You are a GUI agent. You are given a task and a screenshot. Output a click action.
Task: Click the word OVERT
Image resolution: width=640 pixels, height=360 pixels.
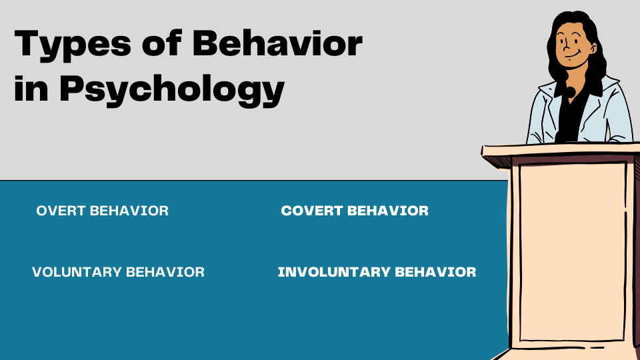click(x=61, y=211)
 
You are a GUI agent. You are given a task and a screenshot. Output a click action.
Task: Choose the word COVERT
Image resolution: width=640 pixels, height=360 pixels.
click(x=312, y=211)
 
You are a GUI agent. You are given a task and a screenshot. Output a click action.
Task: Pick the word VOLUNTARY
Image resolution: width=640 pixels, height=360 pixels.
click(x=77, y=272)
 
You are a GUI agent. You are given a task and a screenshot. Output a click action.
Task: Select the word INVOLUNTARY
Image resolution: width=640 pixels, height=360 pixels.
click(x=333, y=272)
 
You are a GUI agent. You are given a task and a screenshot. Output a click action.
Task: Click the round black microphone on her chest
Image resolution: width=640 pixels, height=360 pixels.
click(x=571, y=91)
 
